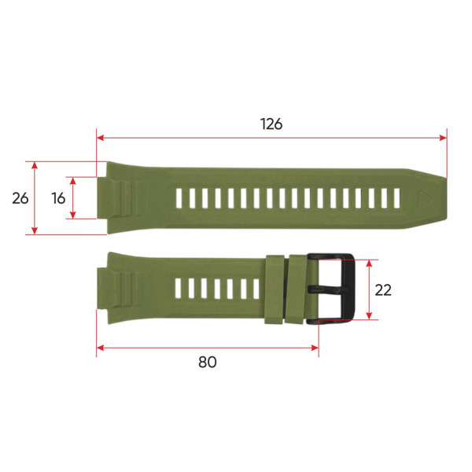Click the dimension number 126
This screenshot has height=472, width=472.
point(271,124)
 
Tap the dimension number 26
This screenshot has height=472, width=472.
point(20,198)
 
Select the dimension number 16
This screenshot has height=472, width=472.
point(58,198)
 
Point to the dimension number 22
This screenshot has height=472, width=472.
point(383,289)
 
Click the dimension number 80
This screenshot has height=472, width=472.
point(207,362)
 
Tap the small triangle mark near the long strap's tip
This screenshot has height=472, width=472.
point(426,198)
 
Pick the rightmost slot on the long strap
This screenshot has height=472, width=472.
point(397,198)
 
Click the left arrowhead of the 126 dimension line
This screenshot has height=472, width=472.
point(100,138)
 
